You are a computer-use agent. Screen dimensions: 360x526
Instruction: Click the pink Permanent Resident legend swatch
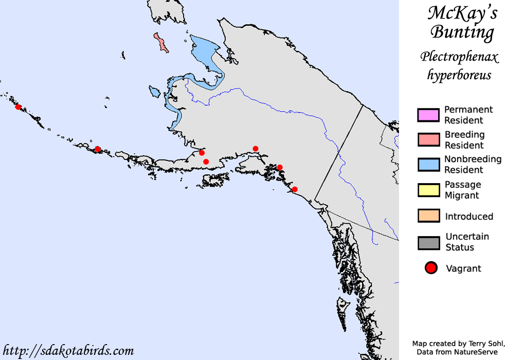428,115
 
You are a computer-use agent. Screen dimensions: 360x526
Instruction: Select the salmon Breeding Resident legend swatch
428,140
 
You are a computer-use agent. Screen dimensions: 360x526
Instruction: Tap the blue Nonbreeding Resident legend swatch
428,165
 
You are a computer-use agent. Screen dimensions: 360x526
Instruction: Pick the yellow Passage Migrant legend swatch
428,190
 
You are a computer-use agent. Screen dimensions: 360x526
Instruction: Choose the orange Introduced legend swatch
428,216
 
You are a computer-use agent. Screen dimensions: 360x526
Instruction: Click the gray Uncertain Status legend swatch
428,242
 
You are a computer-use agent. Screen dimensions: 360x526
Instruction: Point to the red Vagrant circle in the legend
431,268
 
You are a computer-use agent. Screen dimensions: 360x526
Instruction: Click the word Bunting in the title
462,32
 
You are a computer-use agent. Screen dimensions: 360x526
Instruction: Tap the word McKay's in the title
462,13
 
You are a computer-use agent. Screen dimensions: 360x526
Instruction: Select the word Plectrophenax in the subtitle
459,56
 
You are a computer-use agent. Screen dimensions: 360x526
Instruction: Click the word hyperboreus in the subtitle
459,75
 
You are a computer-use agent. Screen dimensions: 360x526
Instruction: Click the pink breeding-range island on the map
161,43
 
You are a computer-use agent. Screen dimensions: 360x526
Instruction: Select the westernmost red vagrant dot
18,107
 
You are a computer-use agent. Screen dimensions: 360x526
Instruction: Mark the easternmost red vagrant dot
295,189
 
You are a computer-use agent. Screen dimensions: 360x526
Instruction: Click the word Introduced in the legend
469,217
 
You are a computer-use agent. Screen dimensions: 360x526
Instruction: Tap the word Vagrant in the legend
463,268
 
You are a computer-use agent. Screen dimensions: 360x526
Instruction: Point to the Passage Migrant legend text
463,190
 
